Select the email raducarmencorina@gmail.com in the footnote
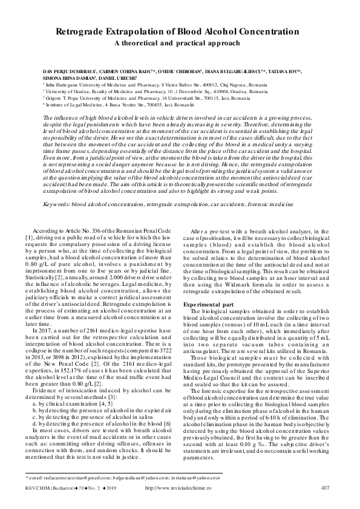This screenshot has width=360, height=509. pyautogui.click(x=77, y=478)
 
